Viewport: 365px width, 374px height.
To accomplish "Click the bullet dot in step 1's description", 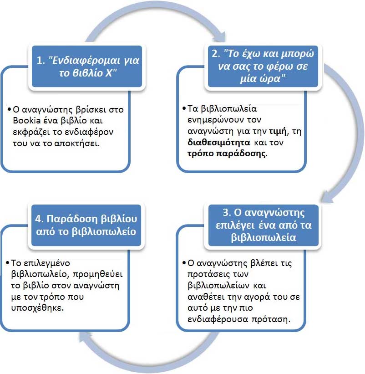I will point(9,110).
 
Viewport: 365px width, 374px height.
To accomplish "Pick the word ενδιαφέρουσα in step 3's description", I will point(213,318).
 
